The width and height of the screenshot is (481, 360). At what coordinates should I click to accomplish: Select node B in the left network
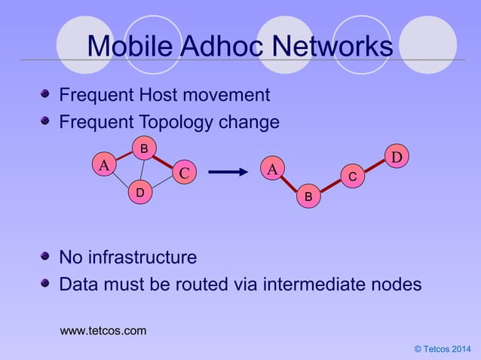pos(143,148)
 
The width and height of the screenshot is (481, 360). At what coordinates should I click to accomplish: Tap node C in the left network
pos(182,173)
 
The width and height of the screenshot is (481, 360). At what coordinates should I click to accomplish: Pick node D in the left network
pos(139,194)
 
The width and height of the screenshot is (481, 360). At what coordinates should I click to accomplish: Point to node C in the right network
pos(352,176)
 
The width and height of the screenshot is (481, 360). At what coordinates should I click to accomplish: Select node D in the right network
pos(397,156)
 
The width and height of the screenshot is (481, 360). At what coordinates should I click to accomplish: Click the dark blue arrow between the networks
pos(228,172)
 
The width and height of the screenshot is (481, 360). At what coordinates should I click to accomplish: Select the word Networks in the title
pos(332,47)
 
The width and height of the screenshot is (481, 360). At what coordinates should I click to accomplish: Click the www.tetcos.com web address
pos(103,331)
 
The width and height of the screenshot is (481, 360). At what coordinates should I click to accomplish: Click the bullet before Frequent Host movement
pos(45,95)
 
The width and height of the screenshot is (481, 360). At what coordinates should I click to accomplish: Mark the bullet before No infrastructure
pos(45,258)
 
